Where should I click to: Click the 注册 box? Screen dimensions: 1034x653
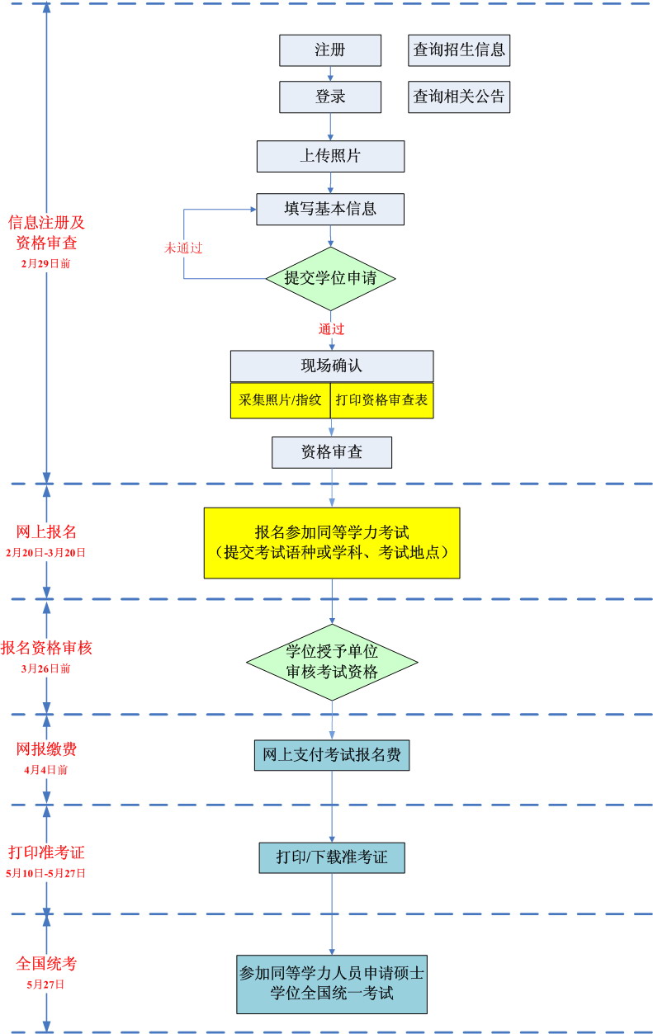click(x=330, y=50)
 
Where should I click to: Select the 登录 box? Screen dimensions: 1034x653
click(x=330, y=97)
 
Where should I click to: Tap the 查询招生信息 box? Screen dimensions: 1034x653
click(x=459, y=50)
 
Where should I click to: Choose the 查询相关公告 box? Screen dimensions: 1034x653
click(x=459, y=97)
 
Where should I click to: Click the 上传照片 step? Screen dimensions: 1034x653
click(x=330, y=156)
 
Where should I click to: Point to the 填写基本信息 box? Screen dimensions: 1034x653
click(x=330, y=209)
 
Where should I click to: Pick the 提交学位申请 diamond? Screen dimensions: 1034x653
click(x=330, y=278)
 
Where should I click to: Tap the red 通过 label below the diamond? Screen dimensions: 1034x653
click(x=331, y=328)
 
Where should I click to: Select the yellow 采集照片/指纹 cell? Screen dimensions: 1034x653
click(x=280, y=400)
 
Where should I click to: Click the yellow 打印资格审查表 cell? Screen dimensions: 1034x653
click(x=381, y=400)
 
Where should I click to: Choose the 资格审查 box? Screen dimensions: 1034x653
click(x=331, y=452)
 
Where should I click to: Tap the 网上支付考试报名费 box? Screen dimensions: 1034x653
click(x=331, y=754)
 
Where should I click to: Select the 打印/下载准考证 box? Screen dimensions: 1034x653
click(x=332, y=857)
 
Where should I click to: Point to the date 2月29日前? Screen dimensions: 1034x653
click(x=46, y=264)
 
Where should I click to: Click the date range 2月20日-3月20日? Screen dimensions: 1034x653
click(x=46, y=552)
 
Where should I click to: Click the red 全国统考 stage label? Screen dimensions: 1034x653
click(x=46, y=964)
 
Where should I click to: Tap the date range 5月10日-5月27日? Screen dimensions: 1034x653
click(x=46, y=872)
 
